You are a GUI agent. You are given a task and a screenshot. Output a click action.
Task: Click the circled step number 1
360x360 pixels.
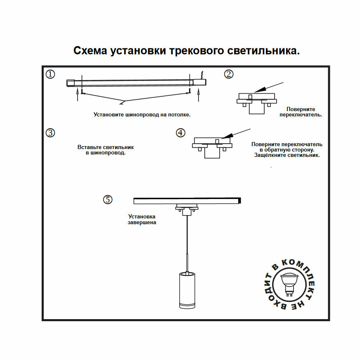click(x=50, y=74)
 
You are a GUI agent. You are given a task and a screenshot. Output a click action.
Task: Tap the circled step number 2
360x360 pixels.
click(x=229, y=74)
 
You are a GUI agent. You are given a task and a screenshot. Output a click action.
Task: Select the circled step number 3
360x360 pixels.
click(x=50, y=133)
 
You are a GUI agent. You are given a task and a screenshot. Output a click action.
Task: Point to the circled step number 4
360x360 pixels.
click(x=180, y=133)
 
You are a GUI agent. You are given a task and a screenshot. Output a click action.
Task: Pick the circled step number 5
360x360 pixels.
click(x=107, y=200)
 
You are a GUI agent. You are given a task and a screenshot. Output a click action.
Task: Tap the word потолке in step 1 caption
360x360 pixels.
click(x=179, y=114)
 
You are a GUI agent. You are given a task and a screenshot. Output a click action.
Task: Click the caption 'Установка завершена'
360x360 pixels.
click(x=142, y=219)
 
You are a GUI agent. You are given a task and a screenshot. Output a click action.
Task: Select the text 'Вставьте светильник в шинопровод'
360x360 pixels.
click(x=106, y=150)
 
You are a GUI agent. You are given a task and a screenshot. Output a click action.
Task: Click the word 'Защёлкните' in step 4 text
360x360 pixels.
click(x=268, y=156)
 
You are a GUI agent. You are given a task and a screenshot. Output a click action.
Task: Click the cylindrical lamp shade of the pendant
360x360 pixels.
click(x=187, y=291)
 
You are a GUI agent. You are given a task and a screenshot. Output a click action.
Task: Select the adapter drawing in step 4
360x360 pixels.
click(x=212, y=146)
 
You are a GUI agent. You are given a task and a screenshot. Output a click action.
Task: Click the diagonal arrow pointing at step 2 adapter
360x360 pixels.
click(x=268, y=87)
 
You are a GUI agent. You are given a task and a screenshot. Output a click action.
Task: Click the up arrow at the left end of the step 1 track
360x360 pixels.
click(x=78, y=96)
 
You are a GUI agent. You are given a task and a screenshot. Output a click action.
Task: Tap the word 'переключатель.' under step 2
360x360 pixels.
click(x=301, y=114)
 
